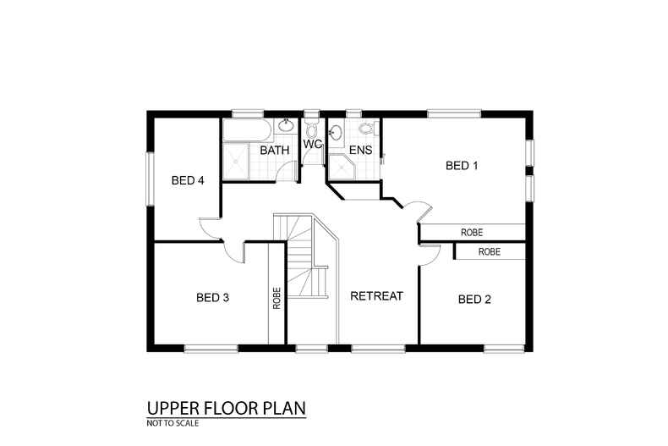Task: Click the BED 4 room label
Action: coord(188,180)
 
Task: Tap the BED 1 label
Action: coord(462,166)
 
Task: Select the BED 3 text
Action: coord(212,297)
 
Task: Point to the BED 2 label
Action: coord(474,299)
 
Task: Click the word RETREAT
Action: coord(376,296)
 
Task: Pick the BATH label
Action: coord(275,151)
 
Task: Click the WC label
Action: coord(313,145)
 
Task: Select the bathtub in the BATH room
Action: coord(247,129)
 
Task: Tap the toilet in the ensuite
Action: coord(366,129)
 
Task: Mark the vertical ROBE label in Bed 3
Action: coord(277,298)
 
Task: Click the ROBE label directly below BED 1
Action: coord(472,232)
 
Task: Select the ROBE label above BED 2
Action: coord(489,252)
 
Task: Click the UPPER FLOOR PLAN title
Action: coord(225,409)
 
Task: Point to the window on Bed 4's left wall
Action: coord(150,178)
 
